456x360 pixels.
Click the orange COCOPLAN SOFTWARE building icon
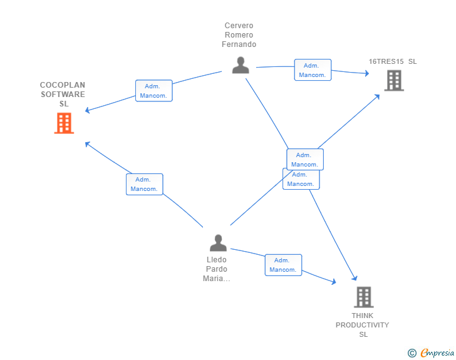pos(64,123)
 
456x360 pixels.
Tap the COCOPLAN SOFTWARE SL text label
pos(63,95)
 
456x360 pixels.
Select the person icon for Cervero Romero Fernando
pos(240,65)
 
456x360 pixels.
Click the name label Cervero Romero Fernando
pos(239,36)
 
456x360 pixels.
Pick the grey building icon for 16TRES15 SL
pos(393,80)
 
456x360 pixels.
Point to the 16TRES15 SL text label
pos(392,61)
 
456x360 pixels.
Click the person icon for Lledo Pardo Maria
pos(218,242)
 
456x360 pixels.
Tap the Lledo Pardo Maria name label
pos(217,269)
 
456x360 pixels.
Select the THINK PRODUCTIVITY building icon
pos(363,297)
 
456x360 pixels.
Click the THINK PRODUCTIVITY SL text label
pos(362,325)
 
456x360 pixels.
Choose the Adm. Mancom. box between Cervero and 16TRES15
pos(313,70)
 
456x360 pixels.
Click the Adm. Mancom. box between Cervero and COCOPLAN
pos(153,91)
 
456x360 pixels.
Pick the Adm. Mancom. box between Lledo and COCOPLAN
pos(144,184)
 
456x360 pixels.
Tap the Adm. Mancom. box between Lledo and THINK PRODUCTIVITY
pos(283,265)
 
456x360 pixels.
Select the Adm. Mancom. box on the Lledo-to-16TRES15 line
pos(305,159)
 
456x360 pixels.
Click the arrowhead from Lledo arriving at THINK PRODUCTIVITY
pos(334,282)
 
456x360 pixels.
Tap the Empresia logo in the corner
pos(431,352)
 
